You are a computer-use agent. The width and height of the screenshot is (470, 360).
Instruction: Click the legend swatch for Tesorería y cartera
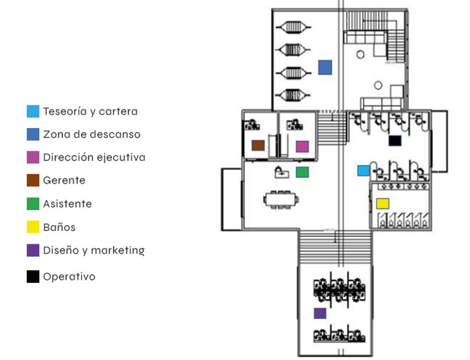pyautogui.click(x=33, y=111)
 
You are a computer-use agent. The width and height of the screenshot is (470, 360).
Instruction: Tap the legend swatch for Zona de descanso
pyautogui.click(x=33, y=134)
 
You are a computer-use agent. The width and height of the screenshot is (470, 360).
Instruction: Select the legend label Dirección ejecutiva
pyautogui.click(x=94, y=157)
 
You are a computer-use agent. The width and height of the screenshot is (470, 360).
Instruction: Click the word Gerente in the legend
pyautogui.click(x=64, y=181)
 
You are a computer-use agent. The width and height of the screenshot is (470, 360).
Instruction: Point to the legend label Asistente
pyautogui.click(x=67, y=204)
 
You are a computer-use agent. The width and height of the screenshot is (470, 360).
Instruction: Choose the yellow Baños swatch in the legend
pyautogui.click(x=33, y=227)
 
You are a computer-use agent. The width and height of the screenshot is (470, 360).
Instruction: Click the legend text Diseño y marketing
pyautogui.click(x=94, y=250)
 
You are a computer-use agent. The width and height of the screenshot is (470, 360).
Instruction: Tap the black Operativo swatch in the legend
pyautogui.click(x=33, y=277)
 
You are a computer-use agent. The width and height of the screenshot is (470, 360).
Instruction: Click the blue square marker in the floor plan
pyautogui.click(x=325, y=67)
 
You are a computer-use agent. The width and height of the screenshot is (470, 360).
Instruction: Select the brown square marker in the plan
pyautogui.click(x=258, y=146)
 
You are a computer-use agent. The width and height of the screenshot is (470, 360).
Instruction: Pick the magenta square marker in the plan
pyautogui.click(x=302, y=146)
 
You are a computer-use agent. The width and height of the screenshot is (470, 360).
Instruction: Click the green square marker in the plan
pyautogui.click(x=302, y=172)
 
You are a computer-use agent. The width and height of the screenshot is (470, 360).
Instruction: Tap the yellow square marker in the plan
pyautogui.click(x=382, y=203)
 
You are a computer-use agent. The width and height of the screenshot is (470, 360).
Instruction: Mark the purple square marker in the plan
pyautogui.click(x=319, y=313)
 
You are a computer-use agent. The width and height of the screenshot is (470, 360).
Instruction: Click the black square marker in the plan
pyautogui.click(x=395, y=141)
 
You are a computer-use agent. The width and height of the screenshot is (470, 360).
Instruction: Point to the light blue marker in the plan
pyautogui.click(x=364, y=170)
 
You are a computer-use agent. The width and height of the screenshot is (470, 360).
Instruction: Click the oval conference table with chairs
pyautogui.click(x=281, y=200)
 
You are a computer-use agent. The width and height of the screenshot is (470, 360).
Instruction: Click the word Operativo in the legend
pyautogui.click(x=69, y=277)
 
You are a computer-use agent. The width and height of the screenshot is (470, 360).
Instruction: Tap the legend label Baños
pyautogui.click(x=59, y=227)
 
